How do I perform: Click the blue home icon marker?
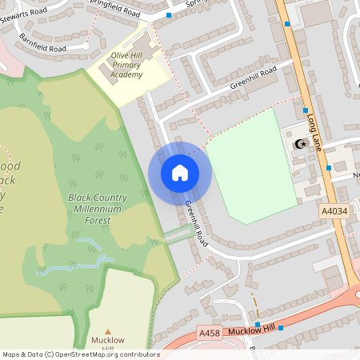[180, 173]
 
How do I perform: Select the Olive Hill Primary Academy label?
[126, 65]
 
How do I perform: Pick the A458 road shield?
[208, 333]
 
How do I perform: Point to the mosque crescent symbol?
[301, 144]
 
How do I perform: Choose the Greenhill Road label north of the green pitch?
[253, 76]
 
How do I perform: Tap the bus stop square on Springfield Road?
[169, 15]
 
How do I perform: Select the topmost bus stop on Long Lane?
[286, 25]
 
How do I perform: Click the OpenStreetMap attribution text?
[81, 354]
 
